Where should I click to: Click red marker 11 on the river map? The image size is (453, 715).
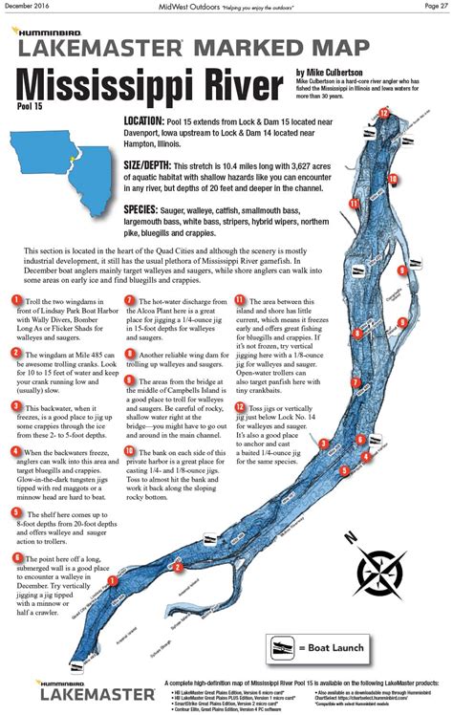353,203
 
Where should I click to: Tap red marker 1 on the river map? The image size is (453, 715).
113,578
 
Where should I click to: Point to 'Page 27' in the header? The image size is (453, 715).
433,6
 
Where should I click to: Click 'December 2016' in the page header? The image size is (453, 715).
27,6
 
